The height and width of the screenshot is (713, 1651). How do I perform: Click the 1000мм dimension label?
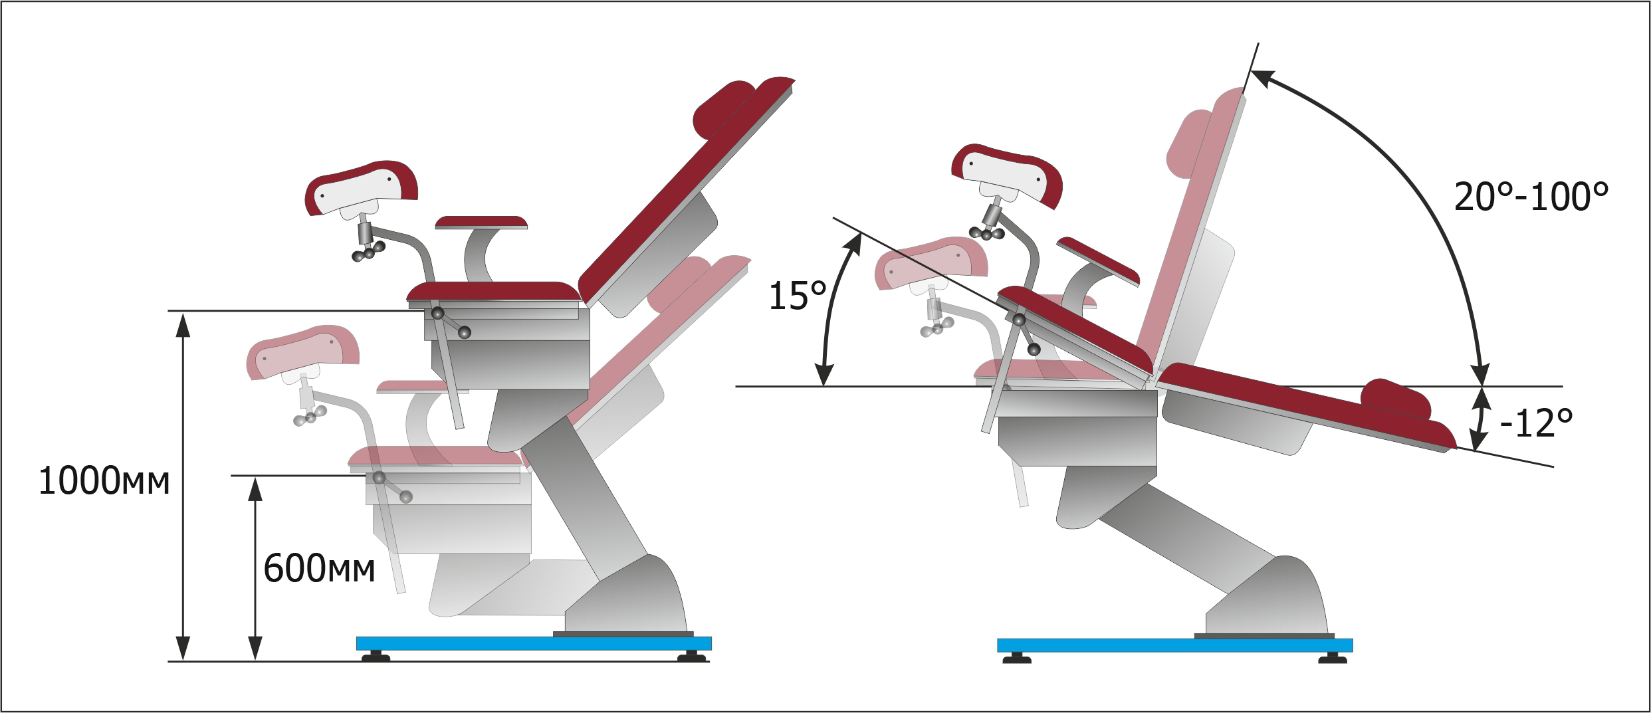[x=104, y=482]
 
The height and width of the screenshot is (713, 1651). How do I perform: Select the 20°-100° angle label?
[x=1531, y=196]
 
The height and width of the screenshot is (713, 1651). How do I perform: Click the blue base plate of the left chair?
[x=534, y=643]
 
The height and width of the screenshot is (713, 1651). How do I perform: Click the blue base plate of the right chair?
[x=1174, y=645]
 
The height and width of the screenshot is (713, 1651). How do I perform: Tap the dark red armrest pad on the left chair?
[x=481, y=222]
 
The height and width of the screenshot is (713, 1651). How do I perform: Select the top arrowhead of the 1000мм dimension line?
[x=183, y=324]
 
